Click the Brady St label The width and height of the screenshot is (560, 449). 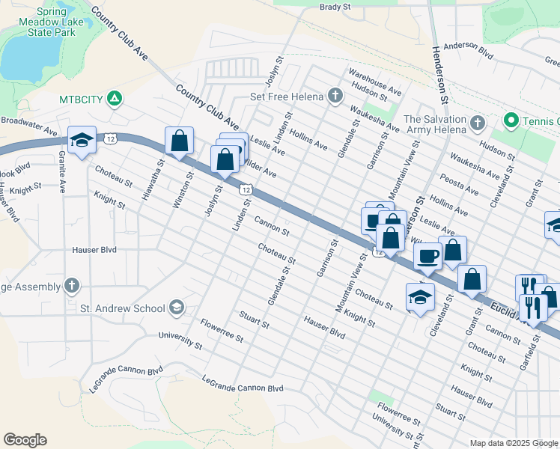coord(335,7)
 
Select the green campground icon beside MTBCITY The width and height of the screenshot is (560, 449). coord(114,98)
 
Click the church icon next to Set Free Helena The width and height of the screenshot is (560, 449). coord(335,96)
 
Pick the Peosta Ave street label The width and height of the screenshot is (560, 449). coord(460,186)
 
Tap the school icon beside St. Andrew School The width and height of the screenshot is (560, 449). coord(176,308)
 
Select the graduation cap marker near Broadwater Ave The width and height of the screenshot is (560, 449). coord(82,139)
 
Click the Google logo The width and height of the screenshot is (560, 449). coord(25,440)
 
